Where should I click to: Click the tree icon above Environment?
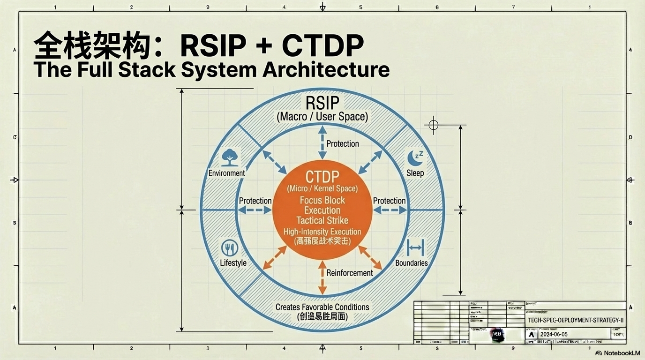point(229,157)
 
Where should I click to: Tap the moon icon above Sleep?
point(415,157)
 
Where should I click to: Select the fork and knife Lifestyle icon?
point(230,248)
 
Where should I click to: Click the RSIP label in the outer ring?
point(322,103)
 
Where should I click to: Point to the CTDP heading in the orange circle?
point(322,177)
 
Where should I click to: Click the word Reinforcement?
point(350,273)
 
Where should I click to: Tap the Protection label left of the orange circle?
point(255,201)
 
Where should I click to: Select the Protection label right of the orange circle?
point(389,201)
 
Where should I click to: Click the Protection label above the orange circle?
point(343,144)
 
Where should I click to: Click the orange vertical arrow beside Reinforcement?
point(322,277)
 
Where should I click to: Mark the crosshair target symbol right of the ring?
point(434,125)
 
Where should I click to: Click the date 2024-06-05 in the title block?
point(554,334)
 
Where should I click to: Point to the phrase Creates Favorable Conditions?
point(322,307)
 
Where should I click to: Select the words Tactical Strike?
point(322,220)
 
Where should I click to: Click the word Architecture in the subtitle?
point(326,69)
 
